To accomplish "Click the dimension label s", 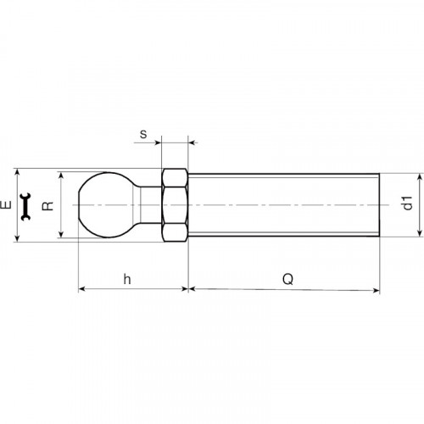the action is (x=143, y=134).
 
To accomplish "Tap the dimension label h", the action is (x=127, y=279).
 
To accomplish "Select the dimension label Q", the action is (x=287, y=279).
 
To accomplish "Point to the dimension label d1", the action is (x=408, y=203).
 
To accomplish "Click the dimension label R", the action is (x=47, y=206).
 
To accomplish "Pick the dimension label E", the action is (x=6, y=204).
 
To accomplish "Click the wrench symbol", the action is (x=25, y=207).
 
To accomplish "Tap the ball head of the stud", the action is (x=107, y=204).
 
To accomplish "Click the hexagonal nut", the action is (x=175, y=205).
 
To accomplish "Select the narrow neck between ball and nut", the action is (x=151, y=205).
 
